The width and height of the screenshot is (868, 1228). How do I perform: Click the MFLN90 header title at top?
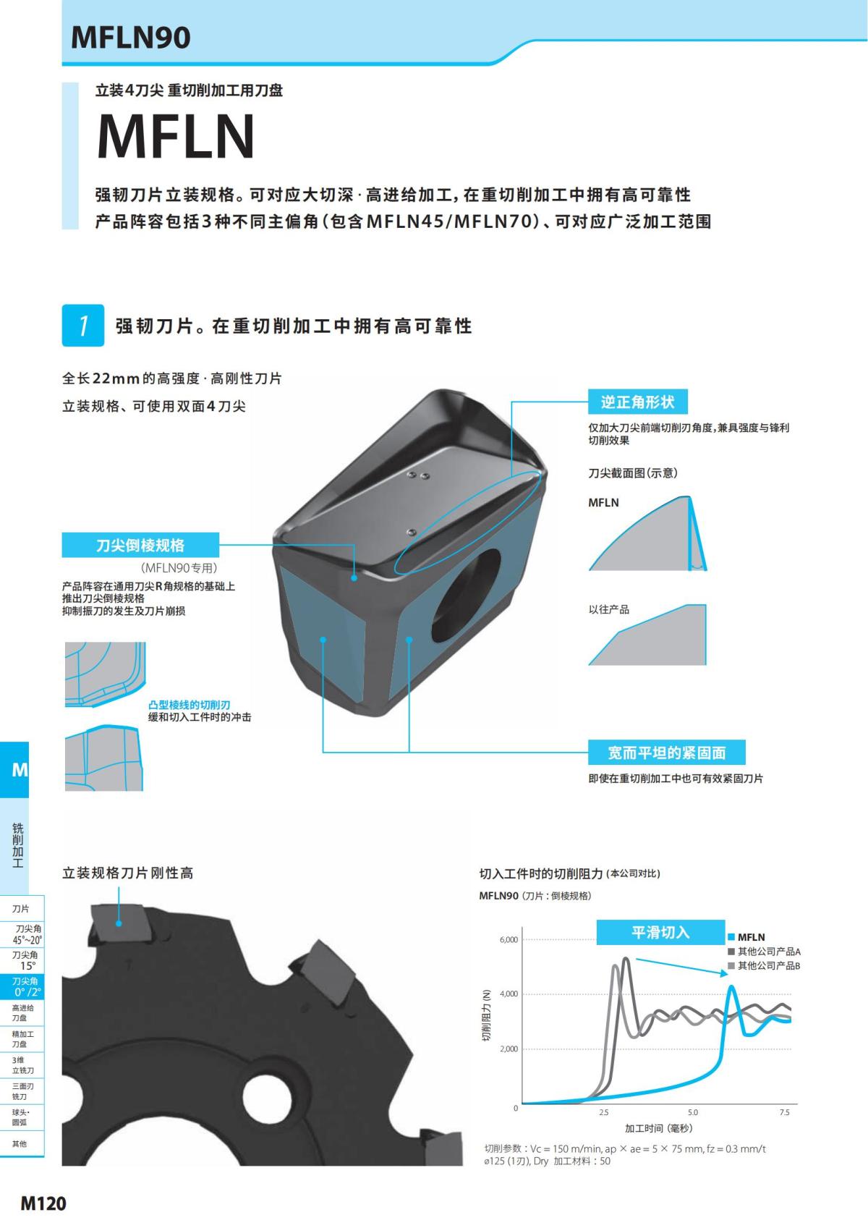131,38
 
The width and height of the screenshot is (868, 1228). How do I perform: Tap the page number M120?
43,1203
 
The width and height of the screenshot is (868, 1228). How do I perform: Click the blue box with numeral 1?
82,326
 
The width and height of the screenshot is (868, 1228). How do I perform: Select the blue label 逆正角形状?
637,402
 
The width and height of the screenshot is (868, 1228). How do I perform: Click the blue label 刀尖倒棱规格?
140,545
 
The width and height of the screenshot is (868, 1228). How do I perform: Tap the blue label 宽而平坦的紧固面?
666,753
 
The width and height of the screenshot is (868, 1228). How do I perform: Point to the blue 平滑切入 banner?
660,932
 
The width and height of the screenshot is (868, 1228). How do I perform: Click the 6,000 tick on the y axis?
509,939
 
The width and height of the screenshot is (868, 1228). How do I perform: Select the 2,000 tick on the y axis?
509,1049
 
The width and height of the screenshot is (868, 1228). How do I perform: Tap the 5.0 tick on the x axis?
692,1112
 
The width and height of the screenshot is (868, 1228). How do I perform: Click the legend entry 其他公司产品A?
768,952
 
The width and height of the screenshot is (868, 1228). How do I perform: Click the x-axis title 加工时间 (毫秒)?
658,1128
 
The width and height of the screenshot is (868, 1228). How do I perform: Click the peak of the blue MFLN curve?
732,986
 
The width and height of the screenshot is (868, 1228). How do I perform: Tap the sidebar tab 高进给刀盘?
22,1012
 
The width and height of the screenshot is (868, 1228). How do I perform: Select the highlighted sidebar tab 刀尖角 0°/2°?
27,986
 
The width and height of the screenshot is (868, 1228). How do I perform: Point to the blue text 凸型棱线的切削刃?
189,705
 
